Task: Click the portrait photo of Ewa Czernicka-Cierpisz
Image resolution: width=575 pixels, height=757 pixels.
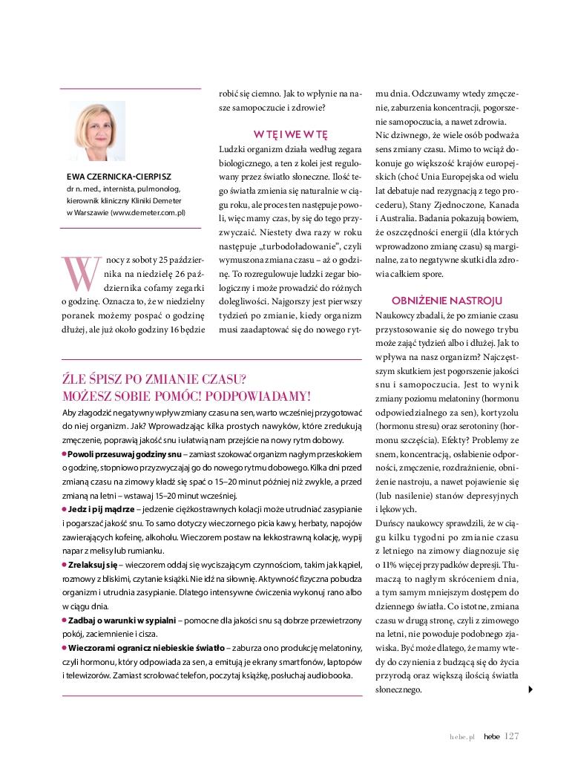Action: (97, 131)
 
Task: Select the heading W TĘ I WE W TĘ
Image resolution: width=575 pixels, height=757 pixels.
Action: (290, 134)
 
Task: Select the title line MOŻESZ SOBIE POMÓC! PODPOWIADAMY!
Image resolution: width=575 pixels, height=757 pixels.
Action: (186, 396)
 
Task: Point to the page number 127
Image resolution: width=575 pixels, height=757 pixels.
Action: (511, 736)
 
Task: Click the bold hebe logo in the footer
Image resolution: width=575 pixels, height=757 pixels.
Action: (491, 737)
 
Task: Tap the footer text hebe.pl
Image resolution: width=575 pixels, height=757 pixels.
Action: (461, 737)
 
